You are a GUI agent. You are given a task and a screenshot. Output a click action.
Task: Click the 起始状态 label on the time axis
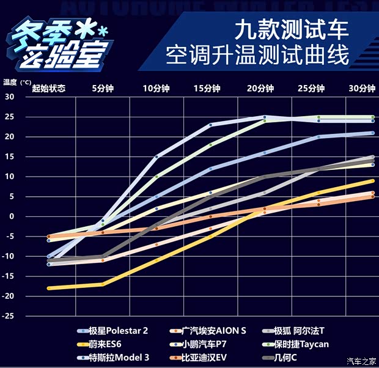[x=48, y=88]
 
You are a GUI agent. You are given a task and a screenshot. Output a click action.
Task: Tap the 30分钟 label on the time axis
[x=362, y=88]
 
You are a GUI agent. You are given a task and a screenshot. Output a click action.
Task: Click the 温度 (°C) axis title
[x=17, y=81]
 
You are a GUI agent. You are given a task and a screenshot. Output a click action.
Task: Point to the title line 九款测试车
[x=292, y=29]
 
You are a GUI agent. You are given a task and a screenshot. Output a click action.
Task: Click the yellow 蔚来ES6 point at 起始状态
[x=49, y=288]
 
